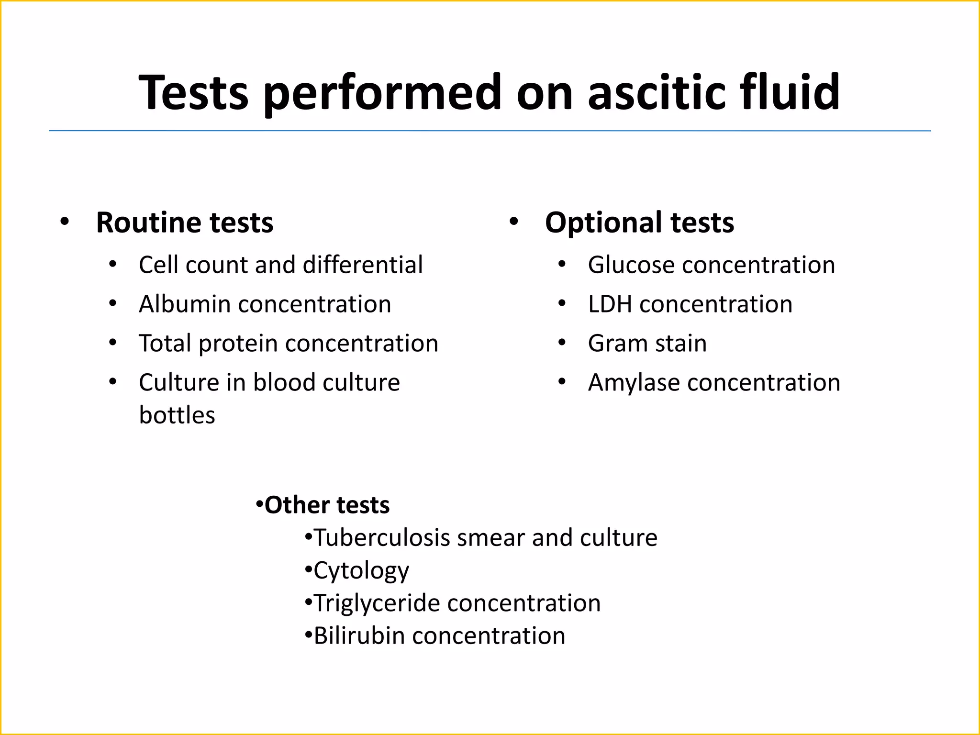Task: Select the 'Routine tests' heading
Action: coord(184,223)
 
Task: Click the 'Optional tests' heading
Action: coord(639,223)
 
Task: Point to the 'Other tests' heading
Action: coord(327,505)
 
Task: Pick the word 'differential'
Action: coord(363,265)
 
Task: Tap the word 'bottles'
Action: coord(177,415)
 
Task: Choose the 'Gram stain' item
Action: coord(647,344)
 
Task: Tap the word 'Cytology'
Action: coord(361,571)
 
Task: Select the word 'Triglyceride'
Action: coord(376,603)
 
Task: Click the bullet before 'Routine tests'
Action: coord(65,222)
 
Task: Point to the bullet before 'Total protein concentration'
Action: coord(112,343)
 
